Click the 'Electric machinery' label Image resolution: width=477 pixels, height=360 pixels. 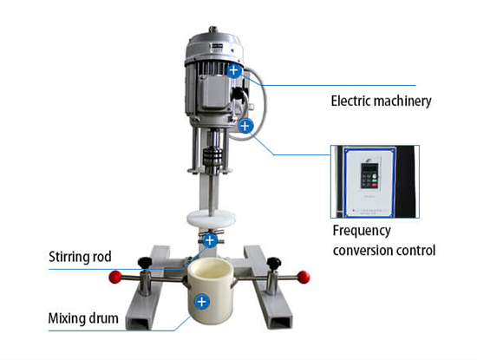381,101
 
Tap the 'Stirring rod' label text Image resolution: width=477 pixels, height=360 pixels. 80,257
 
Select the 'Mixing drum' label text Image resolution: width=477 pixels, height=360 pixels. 83,318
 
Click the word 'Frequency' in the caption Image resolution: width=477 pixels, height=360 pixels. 362,232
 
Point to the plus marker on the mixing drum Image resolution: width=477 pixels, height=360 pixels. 202,302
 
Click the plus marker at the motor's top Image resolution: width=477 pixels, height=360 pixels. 233,70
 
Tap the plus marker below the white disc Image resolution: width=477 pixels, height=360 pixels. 210,240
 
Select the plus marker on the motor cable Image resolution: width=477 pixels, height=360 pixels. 245,126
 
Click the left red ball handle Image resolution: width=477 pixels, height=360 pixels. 115,277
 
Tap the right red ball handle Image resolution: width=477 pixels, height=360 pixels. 304,277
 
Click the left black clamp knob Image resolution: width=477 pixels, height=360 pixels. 145,262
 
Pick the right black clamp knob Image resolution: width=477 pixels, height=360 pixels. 274,263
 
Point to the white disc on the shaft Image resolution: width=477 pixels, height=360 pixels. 212,219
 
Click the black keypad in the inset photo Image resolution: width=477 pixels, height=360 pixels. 369,175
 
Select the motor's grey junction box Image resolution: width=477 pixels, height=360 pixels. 214,92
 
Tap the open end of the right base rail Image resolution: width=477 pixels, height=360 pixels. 280,323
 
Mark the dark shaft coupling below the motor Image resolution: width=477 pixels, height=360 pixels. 213,156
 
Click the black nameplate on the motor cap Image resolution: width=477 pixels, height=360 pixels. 216,46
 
